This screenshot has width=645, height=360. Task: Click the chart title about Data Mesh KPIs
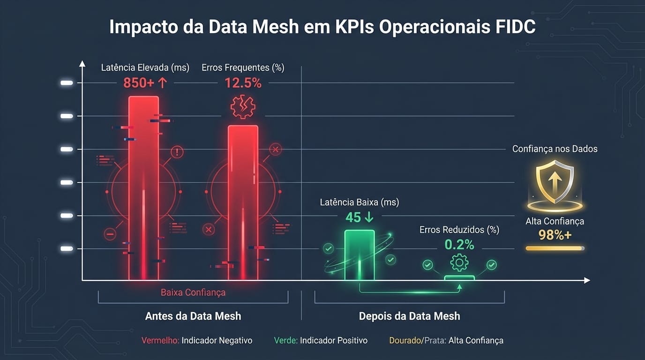(322, 27)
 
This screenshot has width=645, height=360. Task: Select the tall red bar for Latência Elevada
(144, 187)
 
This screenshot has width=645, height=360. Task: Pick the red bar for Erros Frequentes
(243, 202)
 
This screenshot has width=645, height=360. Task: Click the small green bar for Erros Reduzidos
(459, 278)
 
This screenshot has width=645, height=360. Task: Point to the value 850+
(139, 83)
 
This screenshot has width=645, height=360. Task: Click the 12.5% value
(243, 83)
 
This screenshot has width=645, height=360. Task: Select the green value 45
(353, 217)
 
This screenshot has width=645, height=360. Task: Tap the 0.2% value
(459, 245)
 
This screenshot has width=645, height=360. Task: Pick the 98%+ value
(555, 235)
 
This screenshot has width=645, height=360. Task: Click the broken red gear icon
(243, 107)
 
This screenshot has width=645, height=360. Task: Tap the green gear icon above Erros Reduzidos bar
(459, 262)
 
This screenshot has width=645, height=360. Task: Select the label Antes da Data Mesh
(193, 316)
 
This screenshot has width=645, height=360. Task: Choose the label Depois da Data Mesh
(409, 316)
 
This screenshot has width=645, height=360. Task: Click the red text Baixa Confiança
(193, 292)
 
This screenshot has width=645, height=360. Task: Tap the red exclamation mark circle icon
(177, 152)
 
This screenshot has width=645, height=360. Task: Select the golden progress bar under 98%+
(555, 248)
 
